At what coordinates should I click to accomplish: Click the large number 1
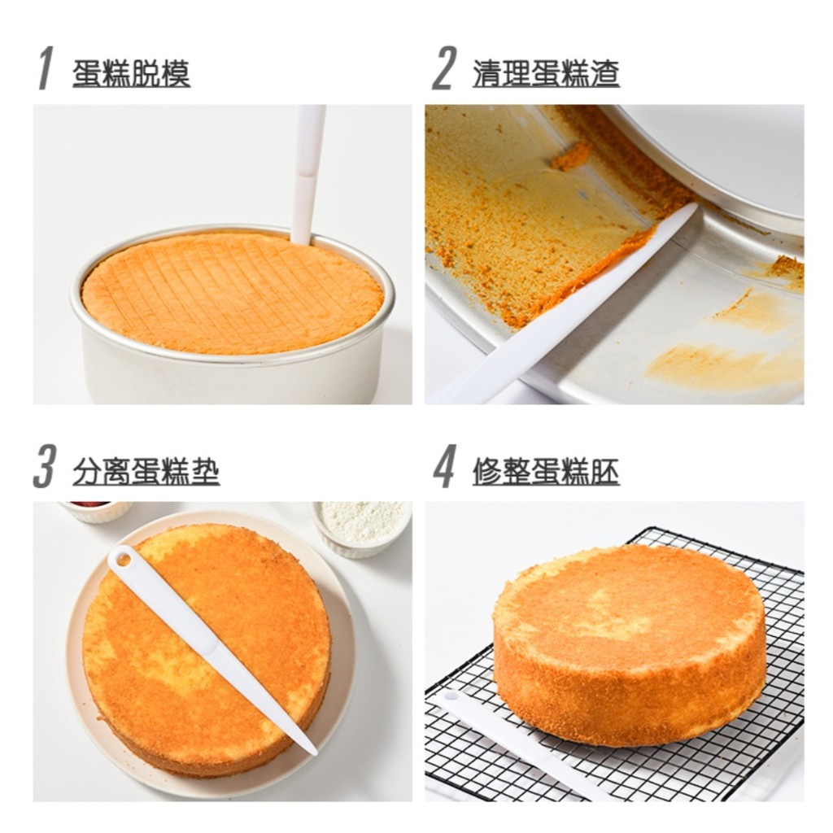coord(46,68)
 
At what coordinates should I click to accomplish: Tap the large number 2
coord(443,68)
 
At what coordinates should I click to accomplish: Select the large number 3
coord(44,466)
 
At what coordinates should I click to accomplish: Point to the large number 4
coord(444,466)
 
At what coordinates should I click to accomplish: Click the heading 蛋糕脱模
coord(131,73)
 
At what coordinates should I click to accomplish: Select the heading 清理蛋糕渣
coord(546,73)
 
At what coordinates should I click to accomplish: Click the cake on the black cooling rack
coord(629,643)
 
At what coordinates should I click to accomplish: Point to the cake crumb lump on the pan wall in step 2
coord(572,155)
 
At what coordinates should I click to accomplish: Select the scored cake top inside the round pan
coord(232,292)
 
